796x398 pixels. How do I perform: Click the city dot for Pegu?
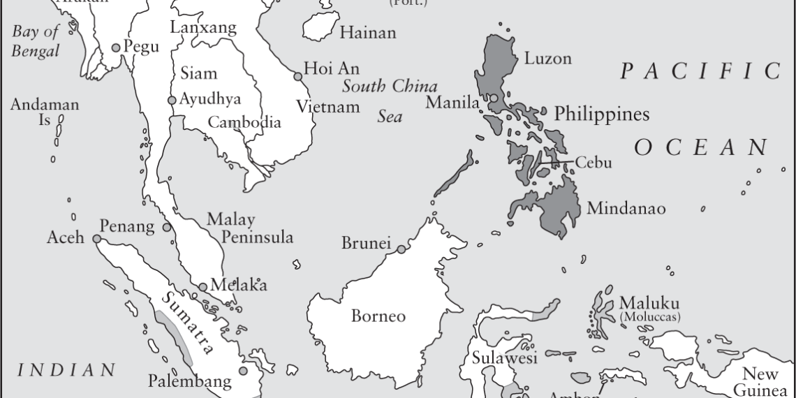(116, 47)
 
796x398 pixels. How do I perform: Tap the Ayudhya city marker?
(172, 100)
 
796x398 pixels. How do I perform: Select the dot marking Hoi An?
(298, 75)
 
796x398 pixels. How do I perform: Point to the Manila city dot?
(494, 98)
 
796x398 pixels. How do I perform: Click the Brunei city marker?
(401, 249)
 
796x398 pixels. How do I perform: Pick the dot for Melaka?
(202, 286)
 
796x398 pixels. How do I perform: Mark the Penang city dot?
(167, 227)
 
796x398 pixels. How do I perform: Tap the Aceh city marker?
(96, 239)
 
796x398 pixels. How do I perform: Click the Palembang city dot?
(242, 371)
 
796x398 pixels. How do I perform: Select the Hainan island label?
(367, 32)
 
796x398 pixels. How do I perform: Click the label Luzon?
(548, 58)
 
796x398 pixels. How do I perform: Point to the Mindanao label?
(626, 208)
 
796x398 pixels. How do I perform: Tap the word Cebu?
(594, 163)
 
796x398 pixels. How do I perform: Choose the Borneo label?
(378, 316)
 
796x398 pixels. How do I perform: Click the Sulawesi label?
(504, 358)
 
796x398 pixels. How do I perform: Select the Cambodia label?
(244, 122)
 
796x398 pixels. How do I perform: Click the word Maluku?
(649, 304)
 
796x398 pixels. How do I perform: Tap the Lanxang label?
(203, 28)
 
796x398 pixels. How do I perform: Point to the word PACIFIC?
(700, 71)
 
